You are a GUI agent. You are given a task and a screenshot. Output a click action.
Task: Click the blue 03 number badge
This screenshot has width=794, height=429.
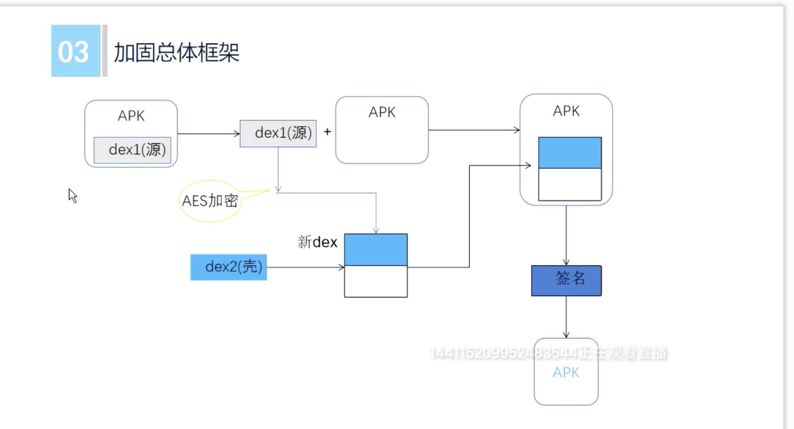coord(75,51)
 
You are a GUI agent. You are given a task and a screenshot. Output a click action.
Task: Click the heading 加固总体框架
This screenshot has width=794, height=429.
coord(177,53)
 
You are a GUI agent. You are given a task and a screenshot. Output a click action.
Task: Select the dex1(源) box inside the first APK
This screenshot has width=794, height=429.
coord(132,150)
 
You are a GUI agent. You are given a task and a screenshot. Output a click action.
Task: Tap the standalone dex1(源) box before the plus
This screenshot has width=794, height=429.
coord(278,133)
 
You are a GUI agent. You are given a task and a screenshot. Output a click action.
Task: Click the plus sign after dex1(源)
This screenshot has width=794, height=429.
coord(327,132)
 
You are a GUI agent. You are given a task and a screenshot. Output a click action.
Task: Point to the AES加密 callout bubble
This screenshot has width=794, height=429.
coord(210,201)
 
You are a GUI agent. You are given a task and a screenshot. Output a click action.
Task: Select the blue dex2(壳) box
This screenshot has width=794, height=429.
coord(229,267)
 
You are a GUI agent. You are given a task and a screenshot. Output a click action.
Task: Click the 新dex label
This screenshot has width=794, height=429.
coord(317,242)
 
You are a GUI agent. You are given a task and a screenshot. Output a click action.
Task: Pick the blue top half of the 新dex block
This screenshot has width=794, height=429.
coord(376,250)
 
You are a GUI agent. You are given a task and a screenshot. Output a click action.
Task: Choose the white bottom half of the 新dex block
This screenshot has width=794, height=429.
coord(376,282)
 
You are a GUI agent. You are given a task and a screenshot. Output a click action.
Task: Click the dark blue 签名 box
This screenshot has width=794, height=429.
coord(566,280)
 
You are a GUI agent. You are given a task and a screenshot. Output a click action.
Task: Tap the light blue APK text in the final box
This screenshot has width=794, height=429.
coord(566,373)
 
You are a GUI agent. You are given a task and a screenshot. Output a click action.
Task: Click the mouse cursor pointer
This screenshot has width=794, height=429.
coord(73,195)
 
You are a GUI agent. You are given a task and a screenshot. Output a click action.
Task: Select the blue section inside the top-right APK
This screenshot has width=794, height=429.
coord(570,153)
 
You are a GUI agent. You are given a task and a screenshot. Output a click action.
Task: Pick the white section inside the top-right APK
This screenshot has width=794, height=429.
coord(570,185)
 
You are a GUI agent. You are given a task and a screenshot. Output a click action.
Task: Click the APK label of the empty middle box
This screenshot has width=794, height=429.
coord(382,112)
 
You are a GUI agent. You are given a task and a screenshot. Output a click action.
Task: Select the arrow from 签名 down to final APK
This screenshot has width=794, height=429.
coord(566,317)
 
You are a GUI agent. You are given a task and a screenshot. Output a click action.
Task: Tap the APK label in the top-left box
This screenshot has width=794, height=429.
coord(131,116)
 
